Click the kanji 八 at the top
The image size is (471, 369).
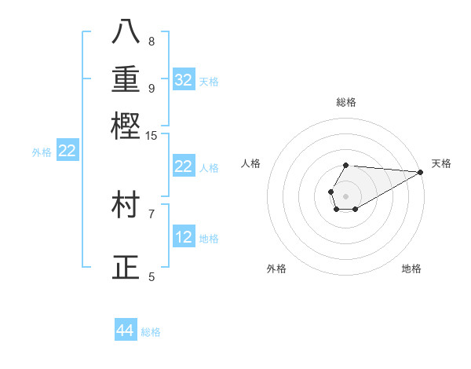[126, 31]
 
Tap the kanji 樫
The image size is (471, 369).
[126, 125]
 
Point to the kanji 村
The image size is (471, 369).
[126, 203]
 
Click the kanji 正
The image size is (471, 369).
[126, 268]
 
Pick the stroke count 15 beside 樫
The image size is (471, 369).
[152, 136]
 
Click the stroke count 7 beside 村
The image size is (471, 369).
[152, 213]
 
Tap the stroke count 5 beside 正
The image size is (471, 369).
[152, 276]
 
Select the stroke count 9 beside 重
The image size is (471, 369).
[152, 88]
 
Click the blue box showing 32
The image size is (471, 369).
[184, 80]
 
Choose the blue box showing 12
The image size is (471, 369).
[184, 237]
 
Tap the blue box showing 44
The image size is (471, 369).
[126, 331]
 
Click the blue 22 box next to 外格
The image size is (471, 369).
[68, 152]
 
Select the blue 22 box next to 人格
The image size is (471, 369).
[184, 166]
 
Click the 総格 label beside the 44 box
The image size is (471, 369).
[151, 332]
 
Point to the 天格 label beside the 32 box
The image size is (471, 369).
[209, 82]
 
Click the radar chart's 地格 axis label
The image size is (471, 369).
[411, 269]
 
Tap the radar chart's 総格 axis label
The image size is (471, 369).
[346, 102]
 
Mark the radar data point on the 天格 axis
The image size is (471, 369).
[422, 172]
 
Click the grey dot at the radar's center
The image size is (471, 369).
[345, 195]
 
